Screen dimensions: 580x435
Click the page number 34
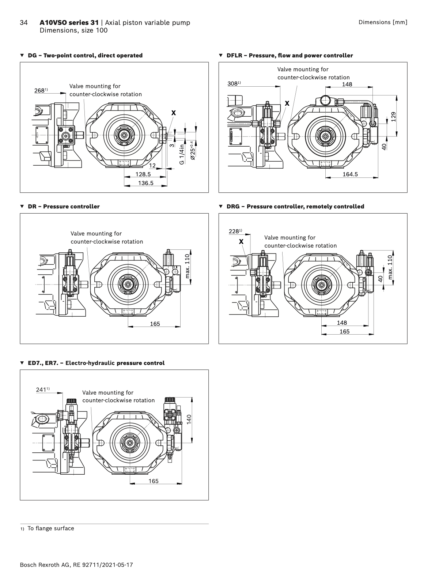(x=23, y=23)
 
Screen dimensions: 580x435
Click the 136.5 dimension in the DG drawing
(x=145, y=183)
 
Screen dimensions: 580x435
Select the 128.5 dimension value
(x=143, y=174)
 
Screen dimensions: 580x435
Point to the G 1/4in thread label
(x=182, y=154)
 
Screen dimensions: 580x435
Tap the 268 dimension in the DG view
(x=39, y=90)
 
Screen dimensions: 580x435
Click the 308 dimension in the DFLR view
(x=233, y=84)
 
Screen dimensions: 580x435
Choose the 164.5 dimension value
(x=350, y=174)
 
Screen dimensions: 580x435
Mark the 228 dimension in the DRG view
(x=234, y=231)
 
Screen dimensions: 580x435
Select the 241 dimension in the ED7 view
(x=41, y=390)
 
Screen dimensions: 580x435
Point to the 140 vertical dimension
(x=189, y=419)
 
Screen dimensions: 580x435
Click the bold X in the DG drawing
(x=174, y=113)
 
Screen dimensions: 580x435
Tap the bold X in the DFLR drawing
(x=287, y=103)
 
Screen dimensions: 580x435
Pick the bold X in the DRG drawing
(x=241, y=242)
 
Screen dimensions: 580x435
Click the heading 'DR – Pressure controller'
(x=64, y=207)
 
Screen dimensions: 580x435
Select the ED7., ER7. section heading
(x=96, y=363)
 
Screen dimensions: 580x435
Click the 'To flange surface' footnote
(x=50, y=528)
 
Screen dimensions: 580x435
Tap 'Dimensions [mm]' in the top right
(x=383, y=22)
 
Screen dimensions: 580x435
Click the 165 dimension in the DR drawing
(x=155, y=324)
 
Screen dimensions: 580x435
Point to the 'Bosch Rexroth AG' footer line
(x=76, y=565)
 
